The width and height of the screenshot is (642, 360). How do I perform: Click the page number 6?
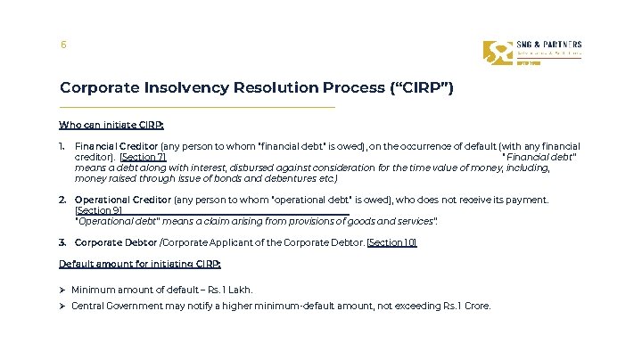(63, 45)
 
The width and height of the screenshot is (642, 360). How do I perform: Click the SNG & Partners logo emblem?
(498, 53)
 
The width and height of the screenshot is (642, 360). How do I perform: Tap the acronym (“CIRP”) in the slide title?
(428, 88)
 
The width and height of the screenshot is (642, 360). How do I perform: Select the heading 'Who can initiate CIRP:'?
(111, 125)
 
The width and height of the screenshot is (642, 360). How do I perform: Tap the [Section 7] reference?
(143, 157)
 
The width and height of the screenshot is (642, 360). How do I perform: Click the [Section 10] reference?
(391, 242)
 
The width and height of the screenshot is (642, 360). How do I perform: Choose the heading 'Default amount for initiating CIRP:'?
(139, 264)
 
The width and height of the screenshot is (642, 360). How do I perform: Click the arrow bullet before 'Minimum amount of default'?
(63, 290)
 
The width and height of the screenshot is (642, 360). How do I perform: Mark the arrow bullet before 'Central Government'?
(63, 306)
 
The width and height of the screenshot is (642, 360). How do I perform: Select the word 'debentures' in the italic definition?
(276, 178)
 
